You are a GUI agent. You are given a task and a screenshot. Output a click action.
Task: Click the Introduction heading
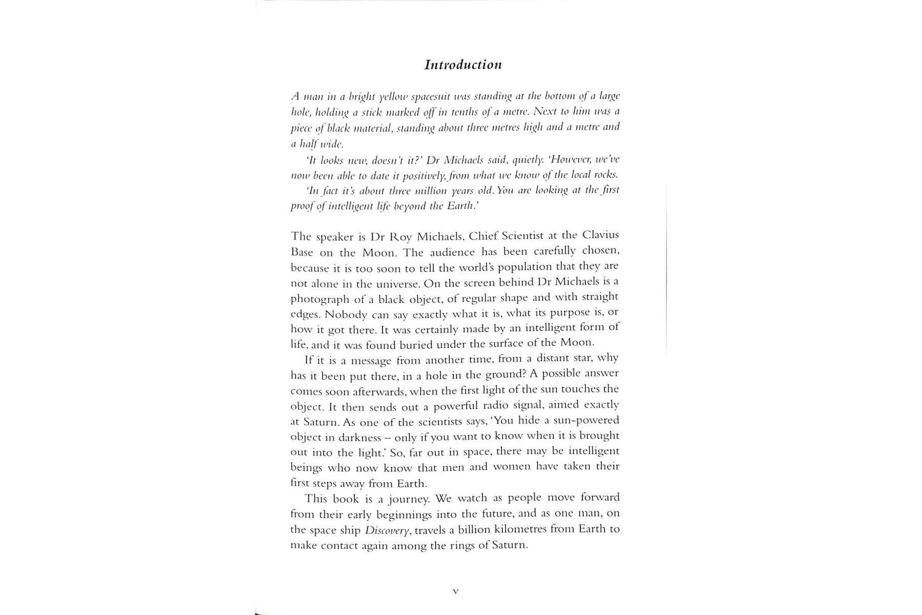[x=463, y=65]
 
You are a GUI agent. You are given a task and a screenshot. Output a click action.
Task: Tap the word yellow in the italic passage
[x=391, y=96]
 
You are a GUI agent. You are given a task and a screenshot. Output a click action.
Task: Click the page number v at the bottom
[x=455, y=591]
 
